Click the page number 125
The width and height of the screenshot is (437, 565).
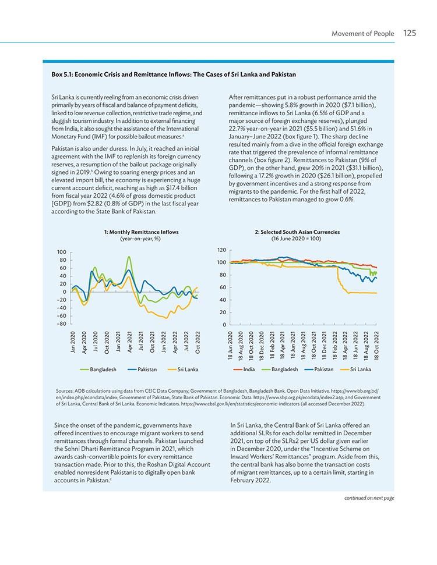click(x=410, y=33)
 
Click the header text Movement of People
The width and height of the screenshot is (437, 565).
click(x=362, y=34)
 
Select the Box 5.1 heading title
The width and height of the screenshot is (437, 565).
click(x=174, y=74)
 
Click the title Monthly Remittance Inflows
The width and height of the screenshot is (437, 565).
click(x=142, y=232)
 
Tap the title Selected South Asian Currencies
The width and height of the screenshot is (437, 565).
click(x=297, y=232)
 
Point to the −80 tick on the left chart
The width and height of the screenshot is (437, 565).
click(x=62, y=324)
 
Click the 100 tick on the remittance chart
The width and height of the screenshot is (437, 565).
click(x=62, y=252)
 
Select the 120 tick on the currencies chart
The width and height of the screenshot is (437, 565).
click(x=222, y=250)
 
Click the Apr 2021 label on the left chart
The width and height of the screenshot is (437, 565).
click(x=129, y=342)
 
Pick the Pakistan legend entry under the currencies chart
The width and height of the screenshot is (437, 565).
click(x=319, y=369)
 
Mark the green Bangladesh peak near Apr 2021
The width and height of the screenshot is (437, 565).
click(x=129, y=257)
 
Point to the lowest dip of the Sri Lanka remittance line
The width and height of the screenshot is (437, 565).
click(x=166, y=318)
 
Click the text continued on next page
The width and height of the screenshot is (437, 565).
click(x=369, y=498)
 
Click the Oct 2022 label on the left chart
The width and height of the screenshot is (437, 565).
click(x=198, y=342)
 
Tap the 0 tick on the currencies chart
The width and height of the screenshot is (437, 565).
click(x=224, y=325)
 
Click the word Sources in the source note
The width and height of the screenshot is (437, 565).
click(x=64, y=391)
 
